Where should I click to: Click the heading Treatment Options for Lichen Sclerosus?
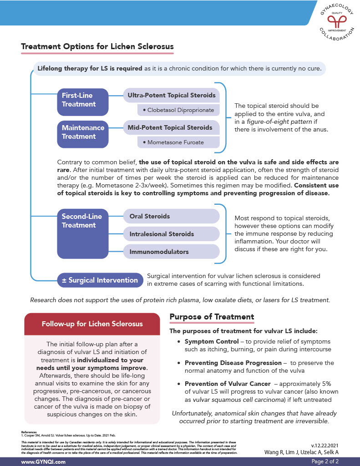pyautogui.click(x=97, y=46)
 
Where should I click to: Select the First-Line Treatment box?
pyautogui.click(x=83, y=100)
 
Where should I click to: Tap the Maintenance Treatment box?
pyautogui.click(x=83, y=132)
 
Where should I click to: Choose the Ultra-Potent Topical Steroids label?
pyautogui.click(x=172, y=95)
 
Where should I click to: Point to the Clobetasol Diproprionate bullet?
pyautogui.click(x=178, y=110)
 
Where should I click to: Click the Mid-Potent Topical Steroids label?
pyautogui.click(x=170, y=127)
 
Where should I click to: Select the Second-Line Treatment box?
pyautogui.click(x=83, y=221)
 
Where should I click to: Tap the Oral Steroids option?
pyautogui.click(x=150, y=216)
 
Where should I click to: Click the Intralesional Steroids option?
pyautogui.click(x=162, y=234)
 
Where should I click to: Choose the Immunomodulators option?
pyautogui.click(x=159, y=252)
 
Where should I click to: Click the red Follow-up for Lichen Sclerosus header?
pyautogui.click(x=92, y=324)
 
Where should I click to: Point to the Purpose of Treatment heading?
pyautogui.click(x=212, y=317)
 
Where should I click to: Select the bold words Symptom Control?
pyautogui.click(x=211, y=341)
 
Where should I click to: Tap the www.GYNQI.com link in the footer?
pyautogui.click(x=44, y=461)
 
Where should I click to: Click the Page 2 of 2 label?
pyautogui.click(x=325, y=461)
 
